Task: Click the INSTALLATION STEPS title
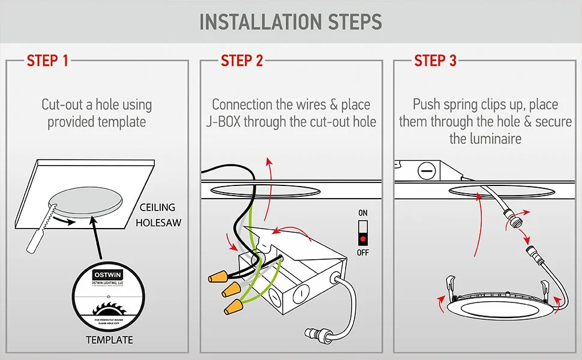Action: pos(290,22)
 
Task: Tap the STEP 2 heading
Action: pos(242,61)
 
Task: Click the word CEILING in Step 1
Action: pos(157,208)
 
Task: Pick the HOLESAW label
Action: pos(158,223)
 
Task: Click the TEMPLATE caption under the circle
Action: pos(109,340)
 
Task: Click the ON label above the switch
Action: pos(362,214)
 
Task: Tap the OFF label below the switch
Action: pos(362,253)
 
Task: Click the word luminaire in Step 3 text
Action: pos(485,139)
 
